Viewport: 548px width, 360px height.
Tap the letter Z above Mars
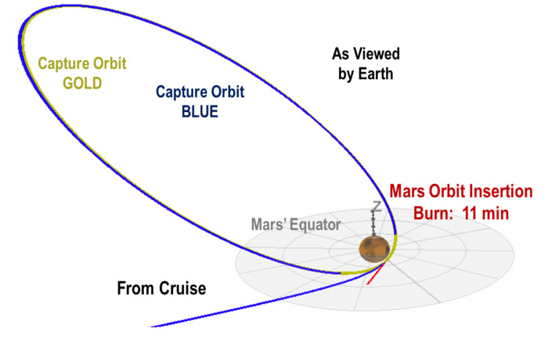click(376, 207)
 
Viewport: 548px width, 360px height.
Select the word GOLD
click(82, 81)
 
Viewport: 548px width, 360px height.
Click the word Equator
click(315, 225)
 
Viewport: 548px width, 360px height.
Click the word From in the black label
click(134, 289)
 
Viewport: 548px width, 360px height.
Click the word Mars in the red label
click(408, 192)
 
